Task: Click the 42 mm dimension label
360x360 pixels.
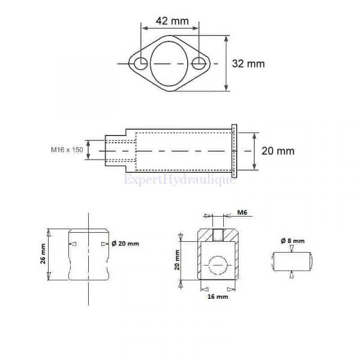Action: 172,21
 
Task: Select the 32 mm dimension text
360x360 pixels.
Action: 248,64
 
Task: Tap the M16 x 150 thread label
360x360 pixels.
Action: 67,150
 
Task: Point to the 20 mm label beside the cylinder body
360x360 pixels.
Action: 278,151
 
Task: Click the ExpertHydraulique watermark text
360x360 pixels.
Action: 179,180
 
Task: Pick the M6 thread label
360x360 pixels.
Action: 242,212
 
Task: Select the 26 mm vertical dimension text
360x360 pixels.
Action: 43,254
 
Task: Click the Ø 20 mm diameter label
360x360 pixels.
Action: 125,244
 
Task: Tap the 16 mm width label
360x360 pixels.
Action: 218,296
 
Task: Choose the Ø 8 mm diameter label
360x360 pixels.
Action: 293,241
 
